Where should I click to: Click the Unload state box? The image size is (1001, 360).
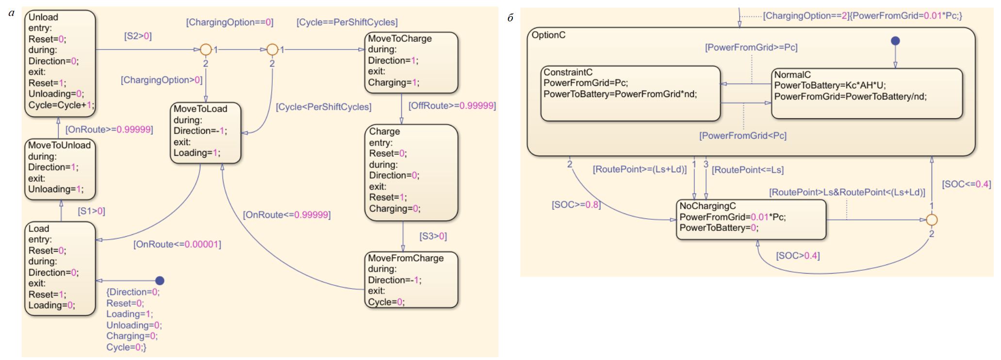coord(60,63)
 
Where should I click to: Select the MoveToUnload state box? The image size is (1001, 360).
coord(60,169)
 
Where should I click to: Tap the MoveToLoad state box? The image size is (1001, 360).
coord(206,132)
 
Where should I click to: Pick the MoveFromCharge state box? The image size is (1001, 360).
coord(411,280)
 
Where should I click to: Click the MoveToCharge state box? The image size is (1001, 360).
coord(411,62)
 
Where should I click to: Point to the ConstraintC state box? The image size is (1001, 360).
coord(630,93)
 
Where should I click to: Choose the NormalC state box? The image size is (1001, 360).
coord(867,94)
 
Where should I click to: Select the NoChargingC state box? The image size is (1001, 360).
coord(751,219)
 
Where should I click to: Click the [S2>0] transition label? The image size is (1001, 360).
coord(138,36)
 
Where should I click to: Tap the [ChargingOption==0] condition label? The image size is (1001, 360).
coord(230,22)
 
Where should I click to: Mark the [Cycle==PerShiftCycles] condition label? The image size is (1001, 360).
coord(347,22)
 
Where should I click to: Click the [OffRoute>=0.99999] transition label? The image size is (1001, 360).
coord(452,106)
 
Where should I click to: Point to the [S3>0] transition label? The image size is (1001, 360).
coord(433,236)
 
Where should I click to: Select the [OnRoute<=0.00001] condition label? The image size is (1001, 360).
coord(177,245)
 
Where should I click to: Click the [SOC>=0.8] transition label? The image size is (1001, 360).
coord(576,205)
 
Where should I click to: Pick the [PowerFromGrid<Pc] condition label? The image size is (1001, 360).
coord(742,136)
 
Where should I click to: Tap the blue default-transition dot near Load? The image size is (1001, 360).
coord(160,280)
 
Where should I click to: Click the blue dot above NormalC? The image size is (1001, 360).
coord(895,41)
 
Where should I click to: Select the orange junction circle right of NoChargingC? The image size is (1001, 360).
coord(932,220)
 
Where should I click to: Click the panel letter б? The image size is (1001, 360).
coord(510,18)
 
